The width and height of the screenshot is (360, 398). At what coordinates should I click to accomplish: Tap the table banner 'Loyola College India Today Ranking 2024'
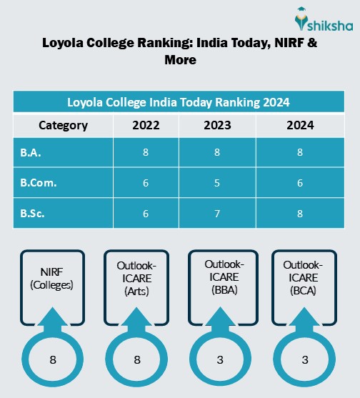[179, 101]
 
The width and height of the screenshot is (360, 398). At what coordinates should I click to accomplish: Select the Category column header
[63, 126]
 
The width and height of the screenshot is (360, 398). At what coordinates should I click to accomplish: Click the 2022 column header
[146, 126]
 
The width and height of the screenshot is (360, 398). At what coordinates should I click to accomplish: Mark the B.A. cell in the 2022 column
[146, 151]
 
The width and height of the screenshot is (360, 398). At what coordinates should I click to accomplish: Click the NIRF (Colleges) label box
[53, 280]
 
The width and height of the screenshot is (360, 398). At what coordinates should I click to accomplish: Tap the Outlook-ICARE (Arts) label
[136, 280]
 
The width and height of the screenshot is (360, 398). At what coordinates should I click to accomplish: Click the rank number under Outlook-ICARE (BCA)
[304, 360]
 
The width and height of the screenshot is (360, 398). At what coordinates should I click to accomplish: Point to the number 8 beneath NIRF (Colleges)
[53, 360]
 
